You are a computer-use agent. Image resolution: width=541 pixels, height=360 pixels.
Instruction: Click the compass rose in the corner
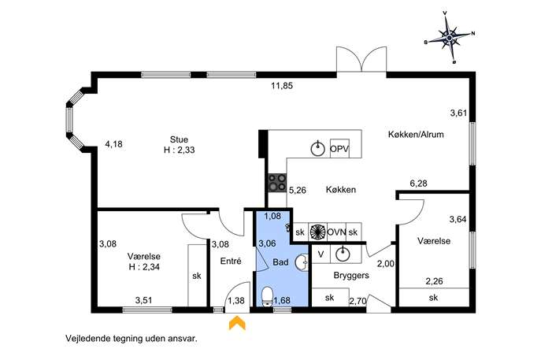(450, 37)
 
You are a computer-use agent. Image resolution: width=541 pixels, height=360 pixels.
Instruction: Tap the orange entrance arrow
(237, 324)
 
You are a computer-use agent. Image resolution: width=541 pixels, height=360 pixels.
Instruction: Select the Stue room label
(179, 139)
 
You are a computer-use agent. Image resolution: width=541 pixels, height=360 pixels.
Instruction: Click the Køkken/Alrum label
(416, 134)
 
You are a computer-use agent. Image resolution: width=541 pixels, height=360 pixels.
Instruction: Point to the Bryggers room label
(351, 276)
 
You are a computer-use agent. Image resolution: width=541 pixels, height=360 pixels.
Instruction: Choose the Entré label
(231, 262)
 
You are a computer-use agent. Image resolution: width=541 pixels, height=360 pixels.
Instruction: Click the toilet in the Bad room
(267, 296)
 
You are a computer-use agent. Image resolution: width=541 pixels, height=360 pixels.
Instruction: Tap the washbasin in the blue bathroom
(302, 262)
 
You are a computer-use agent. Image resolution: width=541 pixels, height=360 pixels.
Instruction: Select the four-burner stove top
(277, 182)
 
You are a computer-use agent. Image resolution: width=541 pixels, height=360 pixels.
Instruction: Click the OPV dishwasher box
(339, 149)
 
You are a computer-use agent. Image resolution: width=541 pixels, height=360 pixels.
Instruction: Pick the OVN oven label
(336, 232)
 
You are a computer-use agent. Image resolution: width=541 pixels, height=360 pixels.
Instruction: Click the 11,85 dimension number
(282, 86)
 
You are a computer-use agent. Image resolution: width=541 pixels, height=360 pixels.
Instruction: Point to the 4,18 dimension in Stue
(113, 144)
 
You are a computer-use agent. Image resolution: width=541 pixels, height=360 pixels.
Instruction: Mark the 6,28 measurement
(418, 184)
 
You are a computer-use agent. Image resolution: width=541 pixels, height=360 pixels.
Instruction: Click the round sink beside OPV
(318, 149)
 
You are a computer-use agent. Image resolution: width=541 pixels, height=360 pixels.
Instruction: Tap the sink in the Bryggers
(343, 254)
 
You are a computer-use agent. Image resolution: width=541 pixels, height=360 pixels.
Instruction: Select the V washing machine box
(321, 254)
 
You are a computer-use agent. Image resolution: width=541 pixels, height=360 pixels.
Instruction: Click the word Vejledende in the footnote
(87, 338)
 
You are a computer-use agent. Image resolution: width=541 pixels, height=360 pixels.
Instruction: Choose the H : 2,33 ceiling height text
(179, 150)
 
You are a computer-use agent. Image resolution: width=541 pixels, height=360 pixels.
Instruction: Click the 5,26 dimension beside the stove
(298, 190)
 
